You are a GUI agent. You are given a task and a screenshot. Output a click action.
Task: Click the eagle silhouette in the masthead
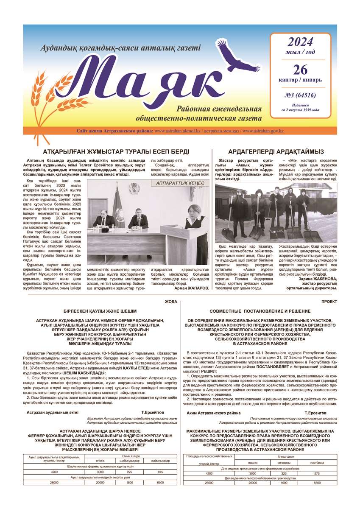[x=232, y=55]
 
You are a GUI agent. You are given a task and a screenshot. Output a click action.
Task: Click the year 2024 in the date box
[x=300, y=42]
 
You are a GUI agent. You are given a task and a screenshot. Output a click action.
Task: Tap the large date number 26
[x=300, y=69]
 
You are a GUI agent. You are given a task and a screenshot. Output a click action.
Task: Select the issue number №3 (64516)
[x=300, y=95]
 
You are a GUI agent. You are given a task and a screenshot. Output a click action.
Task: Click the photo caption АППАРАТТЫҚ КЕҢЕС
[x=180, y=183]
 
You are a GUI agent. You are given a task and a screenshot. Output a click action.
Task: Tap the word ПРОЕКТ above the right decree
[x=329, y=302]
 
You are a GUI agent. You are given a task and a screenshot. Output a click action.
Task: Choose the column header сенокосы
[x=284, y=462]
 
